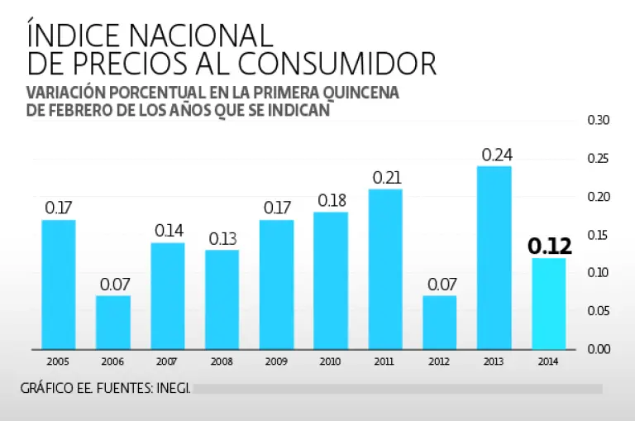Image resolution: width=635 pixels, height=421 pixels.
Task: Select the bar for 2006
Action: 113,322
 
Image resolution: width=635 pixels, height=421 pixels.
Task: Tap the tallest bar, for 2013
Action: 494,257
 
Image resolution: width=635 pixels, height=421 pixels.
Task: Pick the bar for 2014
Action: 549,303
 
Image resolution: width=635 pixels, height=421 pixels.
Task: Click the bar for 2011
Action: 386,269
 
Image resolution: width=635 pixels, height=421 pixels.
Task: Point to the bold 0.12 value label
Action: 550,246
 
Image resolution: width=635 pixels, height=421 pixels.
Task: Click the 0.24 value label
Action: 496,155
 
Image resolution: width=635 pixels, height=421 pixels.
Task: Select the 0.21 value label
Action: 387,178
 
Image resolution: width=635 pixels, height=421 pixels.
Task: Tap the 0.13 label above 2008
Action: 222,238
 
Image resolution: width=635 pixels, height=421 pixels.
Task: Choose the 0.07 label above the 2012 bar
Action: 441,285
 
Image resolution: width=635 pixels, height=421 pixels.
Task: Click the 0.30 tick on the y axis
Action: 598,121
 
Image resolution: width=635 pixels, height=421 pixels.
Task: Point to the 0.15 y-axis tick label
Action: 598,235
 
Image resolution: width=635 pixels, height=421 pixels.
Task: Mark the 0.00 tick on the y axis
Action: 598,349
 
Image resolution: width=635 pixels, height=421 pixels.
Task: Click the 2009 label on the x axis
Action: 277,361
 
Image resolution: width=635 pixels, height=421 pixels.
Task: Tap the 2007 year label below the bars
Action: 168,361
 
